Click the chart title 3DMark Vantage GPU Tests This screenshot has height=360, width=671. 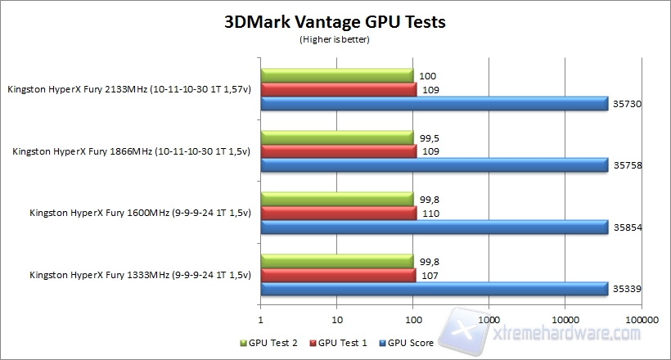click(335, 22)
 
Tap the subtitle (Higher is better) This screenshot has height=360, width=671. click(335, 38)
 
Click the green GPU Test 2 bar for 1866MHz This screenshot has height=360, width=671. click(337, 137)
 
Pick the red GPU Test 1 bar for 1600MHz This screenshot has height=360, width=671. click(339, 212)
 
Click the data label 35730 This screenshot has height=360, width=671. click(625, 104)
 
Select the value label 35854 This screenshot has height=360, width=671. click(625, 227)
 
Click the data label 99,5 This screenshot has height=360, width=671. click(429, 137)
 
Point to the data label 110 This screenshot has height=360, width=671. click(427, 212)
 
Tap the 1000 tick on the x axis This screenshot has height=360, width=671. click(489, 319)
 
